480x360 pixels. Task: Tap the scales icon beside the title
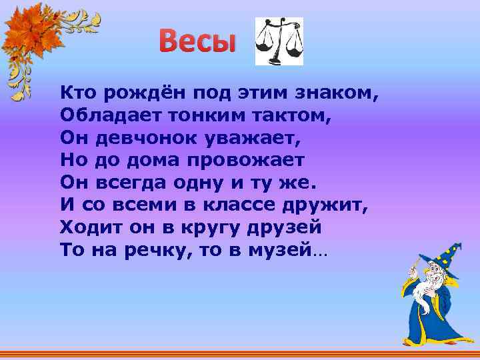[279, 41]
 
